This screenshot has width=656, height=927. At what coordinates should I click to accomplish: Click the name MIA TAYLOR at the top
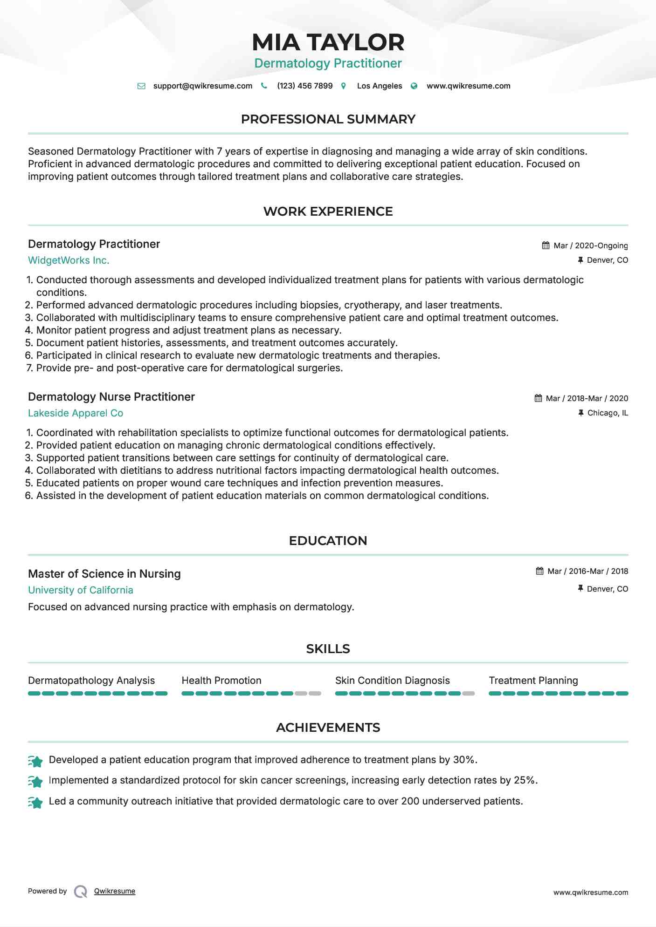tap(328, 42)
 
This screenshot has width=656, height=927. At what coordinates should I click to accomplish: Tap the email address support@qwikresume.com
tap(202, 86)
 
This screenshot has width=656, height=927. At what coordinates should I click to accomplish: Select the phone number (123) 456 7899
tap(304, 86)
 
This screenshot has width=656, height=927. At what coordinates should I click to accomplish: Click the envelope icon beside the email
tap(141, 86)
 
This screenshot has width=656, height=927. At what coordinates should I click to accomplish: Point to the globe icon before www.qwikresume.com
tap(414, 86)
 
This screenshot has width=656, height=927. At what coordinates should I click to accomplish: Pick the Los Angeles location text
tap(379, 86)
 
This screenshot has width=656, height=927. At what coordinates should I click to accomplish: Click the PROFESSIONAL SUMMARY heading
tap(328, 119)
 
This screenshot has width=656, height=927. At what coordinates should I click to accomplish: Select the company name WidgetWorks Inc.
tap(69, 260)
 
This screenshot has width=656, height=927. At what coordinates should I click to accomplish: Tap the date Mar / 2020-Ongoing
tap(590, 245)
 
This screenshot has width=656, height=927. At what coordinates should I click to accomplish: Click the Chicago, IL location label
tap(607, 413)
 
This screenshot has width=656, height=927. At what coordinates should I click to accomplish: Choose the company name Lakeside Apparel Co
tap(76, 413)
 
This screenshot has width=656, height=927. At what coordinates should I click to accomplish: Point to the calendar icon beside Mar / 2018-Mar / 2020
tap(538, 398)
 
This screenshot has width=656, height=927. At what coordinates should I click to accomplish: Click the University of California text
tap(81, 590)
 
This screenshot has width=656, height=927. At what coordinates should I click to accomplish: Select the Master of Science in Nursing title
tap(104, 574)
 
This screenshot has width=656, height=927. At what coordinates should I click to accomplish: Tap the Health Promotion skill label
tap(221, 681)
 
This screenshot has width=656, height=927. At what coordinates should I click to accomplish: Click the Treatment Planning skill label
tap(533, 681)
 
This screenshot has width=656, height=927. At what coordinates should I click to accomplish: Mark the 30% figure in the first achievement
tap(464, 760)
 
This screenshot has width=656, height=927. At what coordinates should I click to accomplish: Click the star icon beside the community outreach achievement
tap(35, 802)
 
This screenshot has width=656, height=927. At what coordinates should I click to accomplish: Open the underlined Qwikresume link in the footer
tap(115, 891)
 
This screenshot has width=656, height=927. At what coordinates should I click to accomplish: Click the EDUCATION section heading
tap(328, 541)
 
